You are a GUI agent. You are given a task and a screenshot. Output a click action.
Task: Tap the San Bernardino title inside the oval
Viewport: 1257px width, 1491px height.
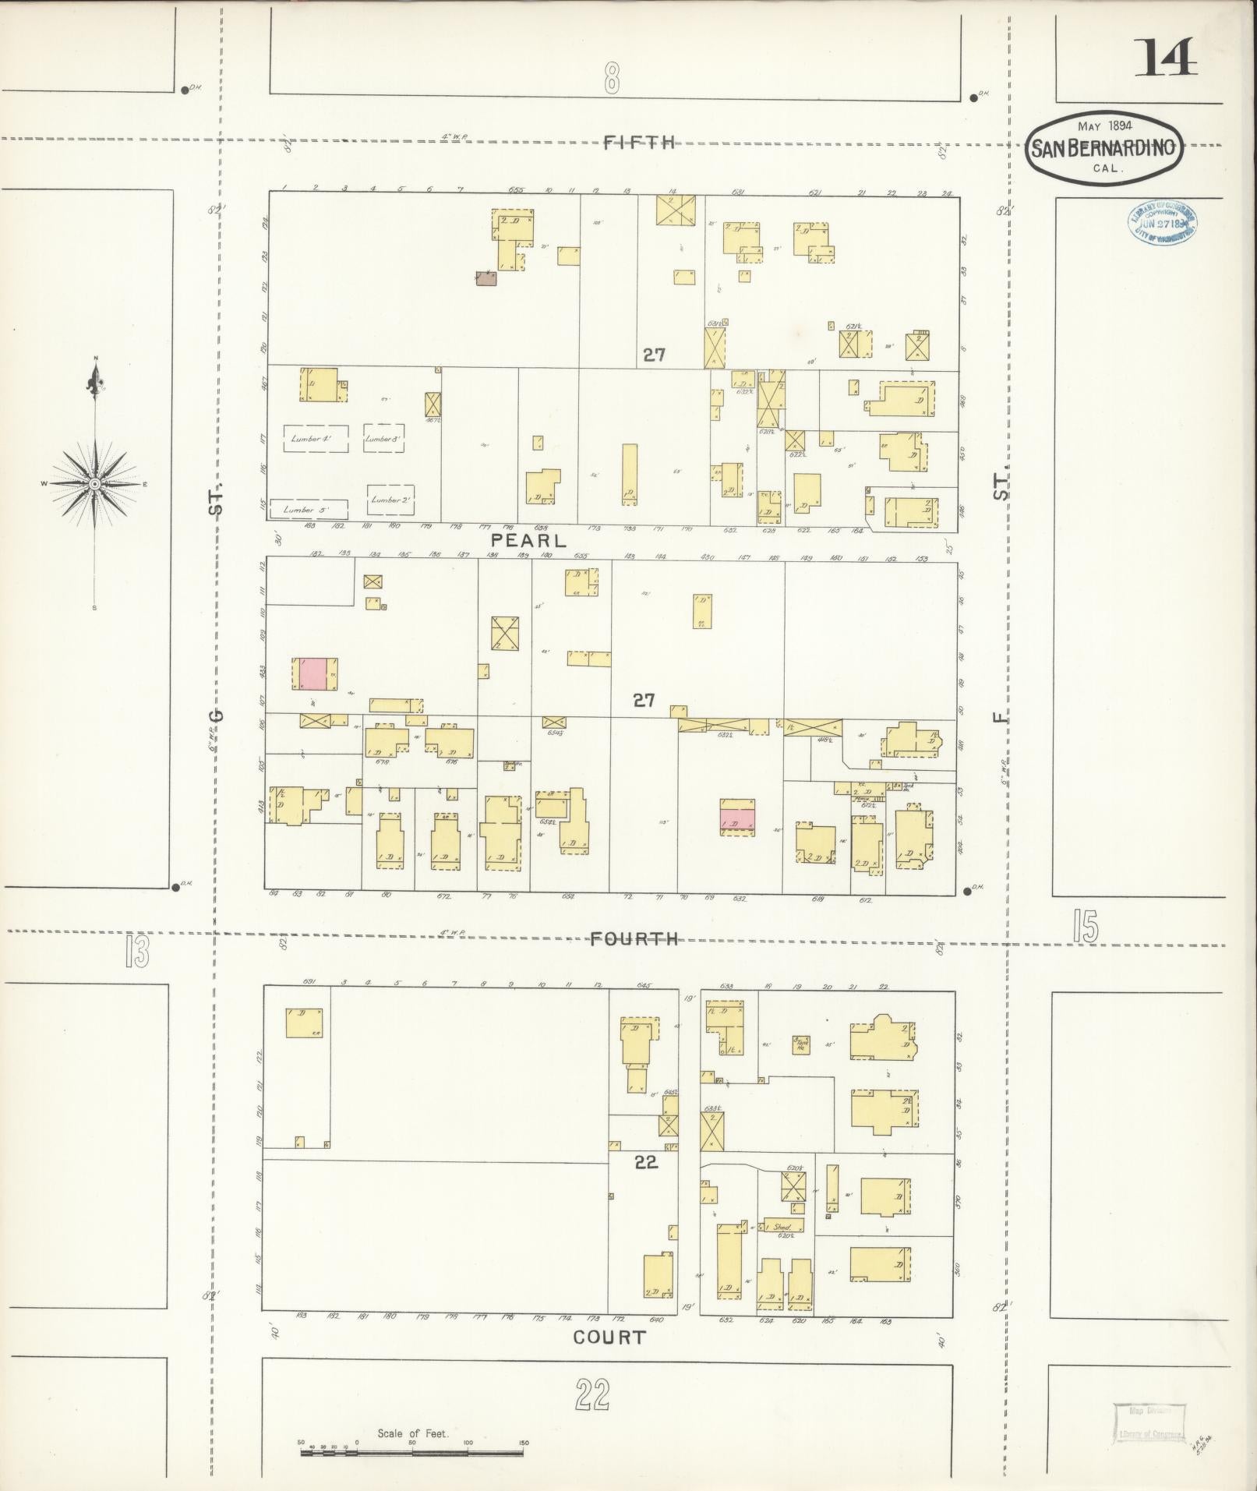1103,148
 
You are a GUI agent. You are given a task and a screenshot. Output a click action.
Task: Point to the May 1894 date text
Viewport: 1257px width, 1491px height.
1104,125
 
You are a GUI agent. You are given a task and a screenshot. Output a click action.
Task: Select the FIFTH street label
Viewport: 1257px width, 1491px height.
639,142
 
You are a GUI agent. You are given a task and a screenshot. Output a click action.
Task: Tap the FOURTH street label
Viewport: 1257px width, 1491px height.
634,938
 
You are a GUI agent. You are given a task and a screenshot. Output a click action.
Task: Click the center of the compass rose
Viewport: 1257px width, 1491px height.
94,484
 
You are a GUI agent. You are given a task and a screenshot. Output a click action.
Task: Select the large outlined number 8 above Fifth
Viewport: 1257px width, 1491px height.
611,78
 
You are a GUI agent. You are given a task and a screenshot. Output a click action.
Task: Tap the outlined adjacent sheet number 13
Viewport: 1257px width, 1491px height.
137,952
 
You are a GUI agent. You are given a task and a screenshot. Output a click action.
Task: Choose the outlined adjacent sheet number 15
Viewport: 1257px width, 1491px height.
1085,927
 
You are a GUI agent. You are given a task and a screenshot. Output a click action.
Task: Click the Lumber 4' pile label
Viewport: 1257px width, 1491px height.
311,439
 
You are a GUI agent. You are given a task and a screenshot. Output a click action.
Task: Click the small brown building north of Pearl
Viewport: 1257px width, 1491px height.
486,278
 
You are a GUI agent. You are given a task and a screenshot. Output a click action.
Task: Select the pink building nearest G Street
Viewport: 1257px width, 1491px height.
312,673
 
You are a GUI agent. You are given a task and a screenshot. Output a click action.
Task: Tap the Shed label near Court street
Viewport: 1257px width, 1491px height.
782,1227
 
